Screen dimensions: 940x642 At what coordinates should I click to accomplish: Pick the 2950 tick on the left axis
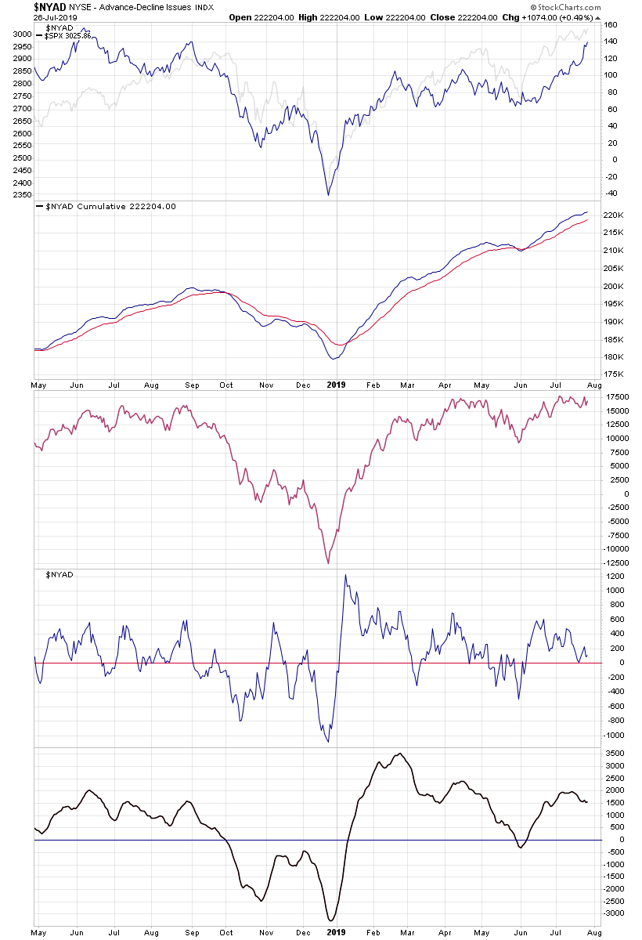click(21, 47)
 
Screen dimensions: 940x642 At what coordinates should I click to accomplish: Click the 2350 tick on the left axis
click(21, 195)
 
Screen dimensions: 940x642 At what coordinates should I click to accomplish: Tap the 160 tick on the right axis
click(611, 25)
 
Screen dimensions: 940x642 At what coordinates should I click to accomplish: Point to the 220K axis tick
click(614, 215)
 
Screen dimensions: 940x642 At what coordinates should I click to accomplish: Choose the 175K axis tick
click(614, 375)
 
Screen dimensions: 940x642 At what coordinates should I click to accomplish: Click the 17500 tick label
click(618, 396)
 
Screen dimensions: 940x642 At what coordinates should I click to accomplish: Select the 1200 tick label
click(615, 576)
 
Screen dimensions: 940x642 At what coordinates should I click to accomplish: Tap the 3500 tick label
click(615, 754)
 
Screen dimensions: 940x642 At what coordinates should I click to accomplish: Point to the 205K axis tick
click(614, 269)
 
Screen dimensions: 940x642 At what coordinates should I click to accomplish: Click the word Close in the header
click(442, 16)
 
